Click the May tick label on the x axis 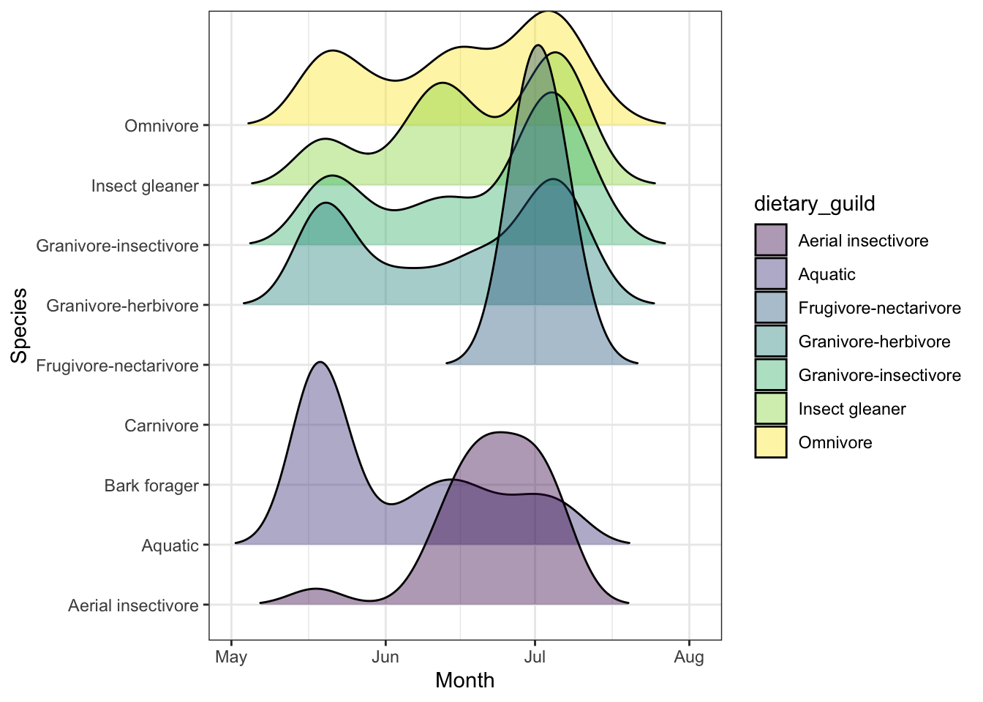pyautogui.click(x=231, y=657)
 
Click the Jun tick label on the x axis pyautogui.click(x=385, y=657)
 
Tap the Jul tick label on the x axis pyautogui.click(x=535, y=657)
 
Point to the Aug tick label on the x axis pyautogui.click(x=689, y=657)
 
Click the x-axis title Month pyautogui.click(x=464, y=681)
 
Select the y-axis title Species pyautogui.click(x=20, y=325)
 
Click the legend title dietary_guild pyautogui.click(x=814, y=203)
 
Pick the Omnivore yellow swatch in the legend pyautogui.click(x=771, y=442)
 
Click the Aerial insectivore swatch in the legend pyautogui.click(x=771, y=241)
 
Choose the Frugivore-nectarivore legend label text pyautogui.click(x=879, y=308)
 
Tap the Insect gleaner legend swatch pyautogui.click(x=771, y=409)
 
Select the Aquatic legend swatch pyautogui.click(x=771, y=274)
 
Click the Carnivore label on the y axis pyautogui.click(x=161, y=426)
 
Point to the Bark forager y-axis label pyautogui.click(x=151, y=486)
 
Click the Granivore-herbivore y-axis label pyautogui.click(x=122, y=306)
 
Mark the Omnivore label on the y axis pyautogui.click(x=161, y=126)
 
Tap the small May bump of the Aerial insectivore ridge pyautogui.click(x=315, y=591)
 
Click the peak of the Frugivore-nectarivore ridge pyautogui.click(x=538, y=48)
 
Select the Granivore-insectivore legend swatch pyautogui.click(x=771, y=375)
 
